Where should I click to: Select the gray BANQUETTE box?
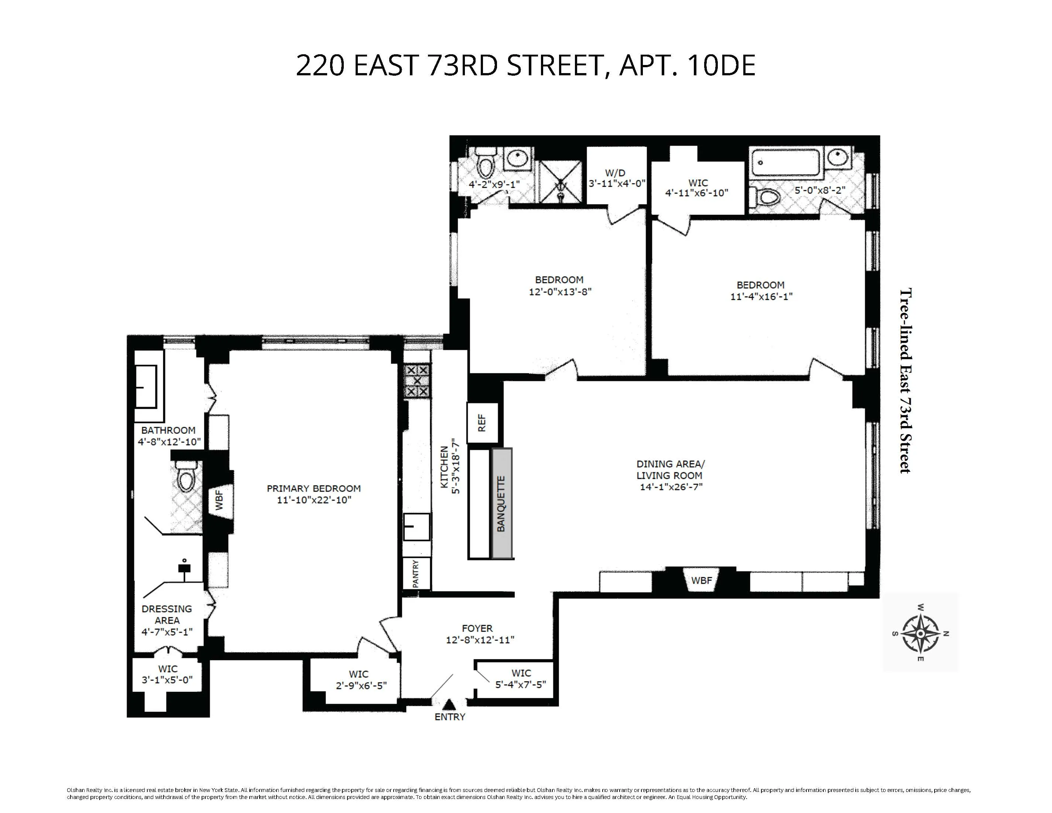(501, 503)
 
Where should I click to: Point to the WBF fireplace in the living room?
(701, 580)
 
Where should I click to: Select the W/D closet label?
(616, 172)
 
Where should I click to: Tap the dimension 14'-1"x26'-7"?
(671, 487)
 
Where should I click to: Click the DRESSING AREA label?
(167, 615)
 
